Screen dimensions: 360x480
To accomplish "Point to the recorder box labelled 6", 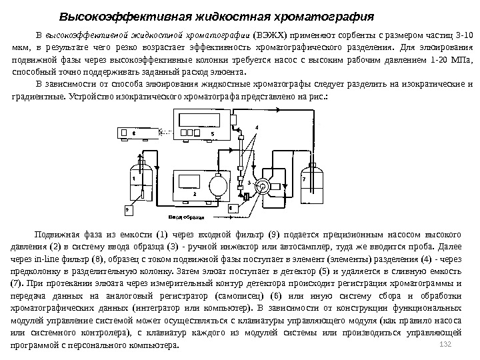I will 139,133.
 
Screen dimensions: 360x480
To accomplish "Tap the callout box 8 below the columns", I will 231,209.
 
